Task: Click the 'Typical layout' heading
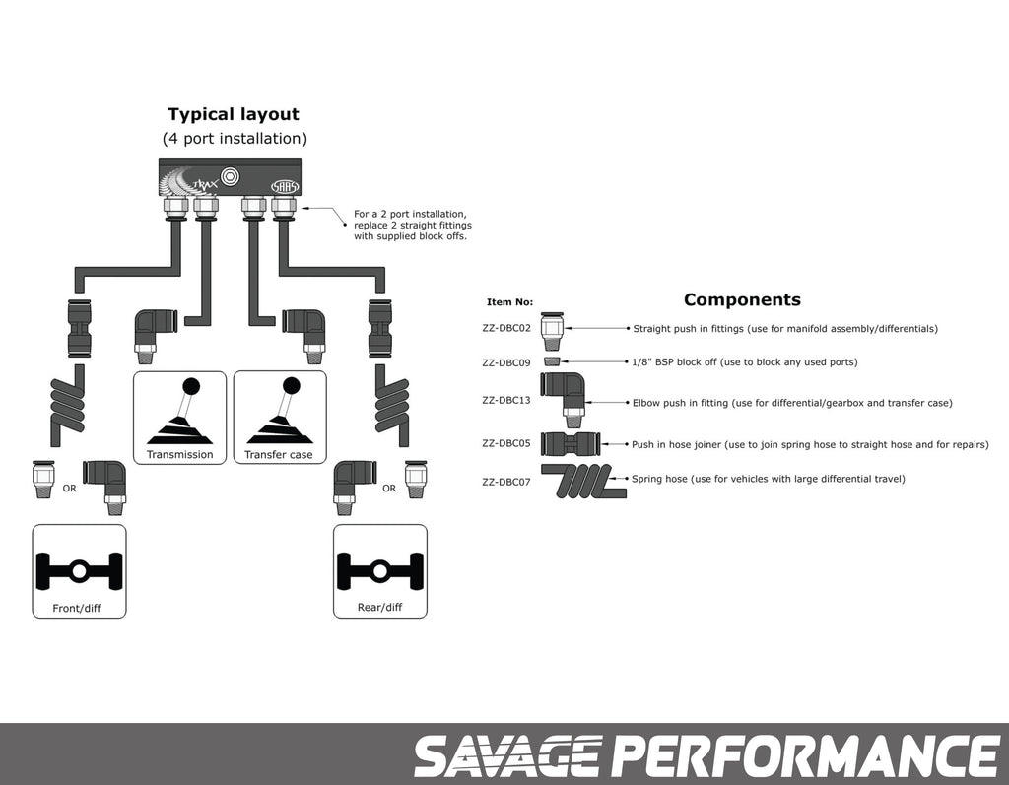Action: (x=234, y=114)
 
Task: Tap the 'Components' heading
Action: (x=742, y=299)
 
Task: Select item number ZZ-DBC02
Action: (x=506, y=328)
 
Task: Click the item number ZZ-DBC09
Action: (x=506, y=362)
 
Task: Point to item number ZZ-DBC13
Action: (x=506, y=401)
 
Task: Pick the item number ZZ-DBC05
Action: (x=506, y=443)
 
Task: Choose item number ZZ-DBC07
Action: (x=506, y=482)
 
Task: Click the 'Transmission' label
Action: (x=179, y=454)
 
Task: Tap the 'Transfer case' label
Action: (x=279, y=454)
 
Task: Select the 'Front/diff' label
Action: (x=77, y=608)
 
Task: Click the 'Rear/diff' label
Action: (x=379, y=607)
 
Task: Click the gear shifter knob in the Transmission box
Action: (x=190, y=385)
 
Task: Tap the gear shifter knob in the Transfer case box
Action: (x=291, y=385)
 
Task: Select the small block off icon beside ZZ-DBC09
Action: (x=552, y=361)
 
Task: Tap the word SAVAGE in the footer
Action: (x=506, y=756)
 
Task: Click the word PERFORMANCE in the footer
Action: (x=805, y=756)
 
